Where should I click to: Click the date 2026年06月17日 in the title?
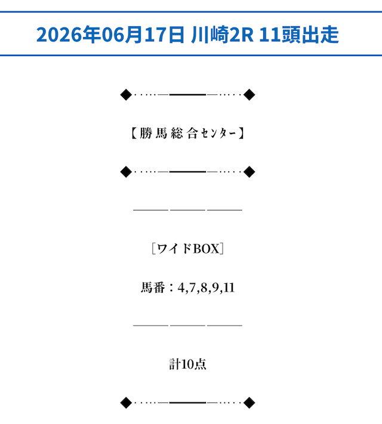pos(110,35)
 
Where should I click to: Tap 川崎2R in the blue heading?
pos(222,35)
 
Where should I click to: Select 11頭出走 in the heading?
pos(299,35)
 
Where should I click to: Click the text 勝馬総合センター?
pos(188,134)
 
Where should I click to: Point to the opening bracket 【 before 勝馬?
pos(134,134)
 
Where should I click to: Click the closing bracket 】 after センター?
pos(242,134)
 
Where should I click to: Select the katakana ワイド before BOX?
pos(174,249)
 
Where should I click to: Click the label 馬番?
pos(153,287)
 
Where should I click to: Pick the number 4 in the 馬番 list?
pos(181,287)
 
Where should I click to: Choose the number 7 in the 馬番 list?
pos(192,287)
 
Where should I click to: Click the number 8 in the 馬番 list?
pos(204,287)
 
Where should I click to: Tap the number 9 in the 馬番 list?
pos(215,287)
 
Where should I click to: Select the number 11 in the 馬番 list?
pos(229,287)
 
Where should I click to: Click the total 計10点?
pos(187,364)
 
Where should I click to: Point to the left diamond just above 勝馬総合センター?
pos(126,95)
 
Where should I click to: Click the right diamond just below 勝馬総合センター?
pos(249,172)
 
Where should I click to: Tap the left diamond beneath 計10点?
pos(126,403)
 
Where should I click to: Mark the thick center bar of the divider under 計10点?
pos(187,403)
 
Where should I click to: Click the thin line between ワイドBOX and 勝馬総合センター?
pos(187,210)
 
